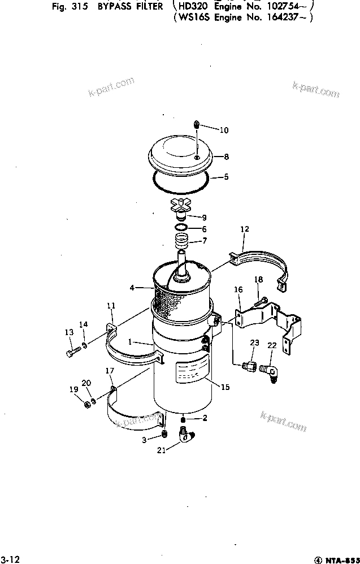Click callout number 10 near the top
[224, 130]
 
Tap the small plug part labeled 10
[196, 125]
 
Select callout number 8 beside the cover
[226, 157]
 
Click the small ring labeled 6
[181, 228]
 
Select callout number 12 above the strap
[244, 229]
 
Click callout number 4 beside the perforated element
[132, 288]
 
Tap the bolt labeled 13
[72, 353]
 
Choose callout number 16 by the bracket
[238, 289]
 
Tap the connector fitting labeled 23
[248, 366]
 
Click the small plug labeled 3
[164, 433]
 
